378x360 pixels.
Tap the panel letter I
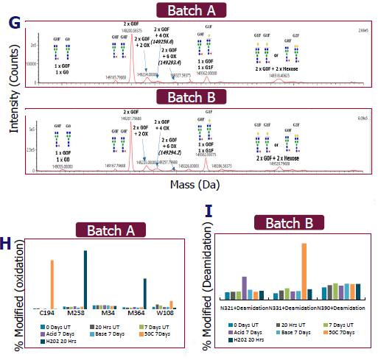209,213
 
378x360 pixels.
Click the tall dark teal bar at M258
85,279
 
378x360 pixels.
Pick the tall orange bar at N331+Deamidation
304,274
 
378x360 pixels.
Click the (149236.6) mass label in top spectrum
163,42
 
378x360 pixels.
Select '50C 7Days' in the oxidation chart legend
153,333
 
